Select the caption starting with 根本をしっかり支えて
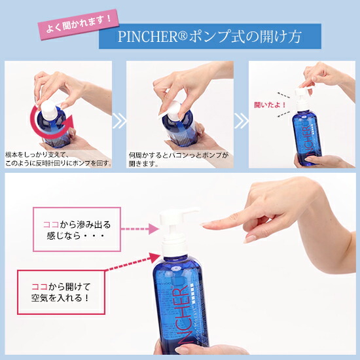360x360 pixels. (58, 158)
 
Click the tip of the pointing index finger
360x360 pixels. (205, 225)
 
